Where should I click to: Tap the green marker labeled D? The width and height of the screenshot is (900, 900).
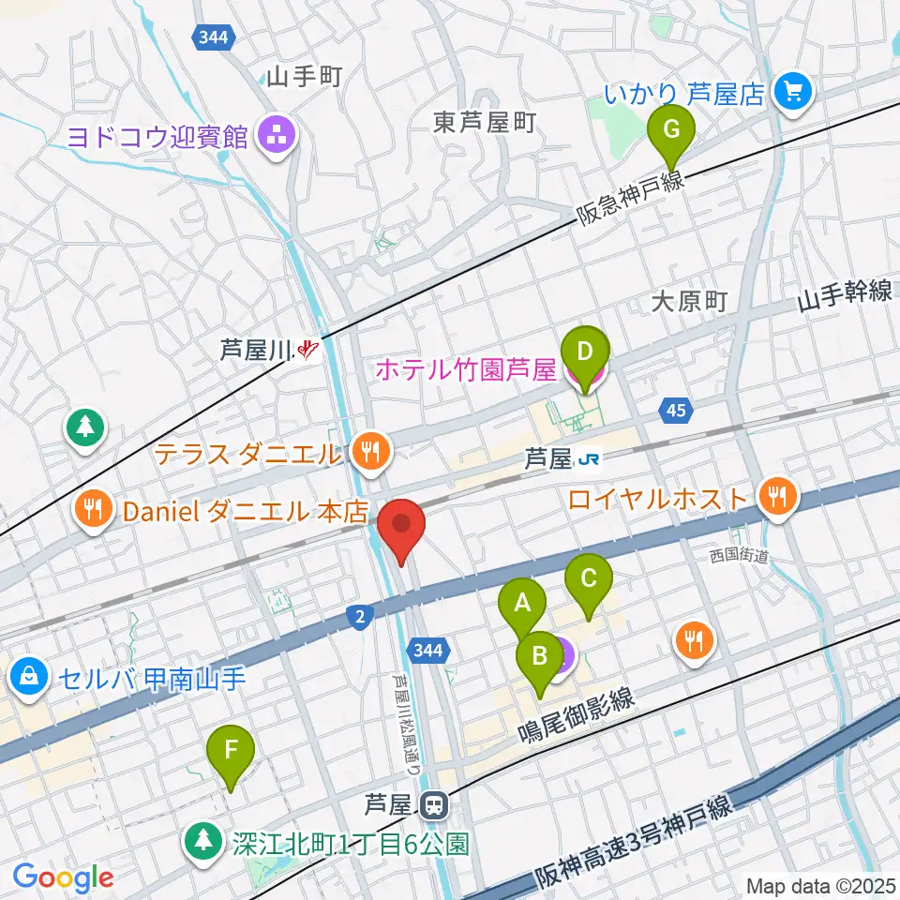tap(585, 352)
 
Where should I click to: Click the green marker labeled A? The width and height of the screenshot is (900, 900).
tap(521, 603)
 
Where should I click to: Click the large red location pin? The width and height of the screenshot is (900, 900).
tap(402, 525)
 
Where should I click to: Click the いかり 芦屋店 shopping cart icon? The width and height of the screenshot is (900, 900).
tap(793, 92)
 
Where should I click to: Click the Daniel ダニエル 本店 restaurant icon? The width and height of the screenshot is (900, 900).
tap(92, 511)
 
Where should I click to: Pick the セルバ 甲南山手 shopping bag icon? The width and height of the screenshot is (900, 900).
tap(30, 676)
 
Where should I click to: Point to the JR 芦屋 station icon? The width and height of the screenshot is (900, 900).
tap(590, 459)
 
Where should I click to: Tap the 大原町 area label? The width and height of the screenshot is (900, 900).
tap(690, 301)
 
